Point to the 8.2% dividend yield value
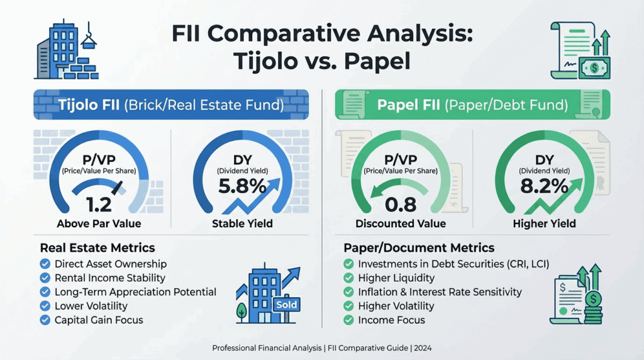(x=545, y=187)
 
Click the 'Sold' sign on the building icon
(x=286, y=305)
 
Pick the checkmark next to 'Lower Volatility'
(x=45, y=306)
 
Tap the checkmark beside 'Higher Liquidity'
(x=348, y=278)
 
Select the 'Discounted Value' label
(x=401, y=223)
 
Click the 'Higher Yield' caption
(x=545, y=223)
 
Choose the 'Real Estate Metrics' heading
(x=97, y=247)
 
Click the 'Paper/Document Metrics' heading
(x=419, y=247)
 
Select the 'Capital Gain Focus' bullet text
(x=99, y=320)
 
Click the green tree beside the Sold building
(x=241, y=310)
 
